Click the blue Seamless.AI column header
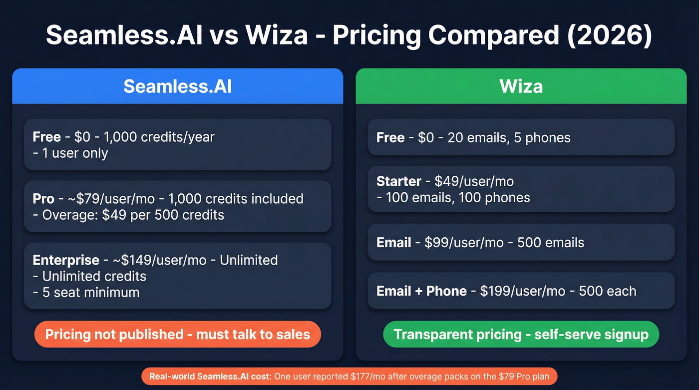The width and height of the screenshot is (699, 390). coord(177,86)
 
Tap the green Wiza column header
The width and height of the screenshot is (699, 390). coord(521,86)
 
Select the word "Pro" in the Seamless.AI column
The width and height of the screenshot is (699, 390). coord(43,199)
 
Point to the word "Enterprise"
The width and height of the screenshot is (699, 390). coord(66,260)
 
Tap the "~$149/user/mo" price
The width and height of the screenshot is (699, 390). coord(159,260)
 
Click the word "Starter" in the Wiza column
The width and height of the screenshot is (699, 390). coord(398,181)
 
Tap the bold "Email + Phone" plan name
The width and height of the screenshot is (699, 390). coord(421,291)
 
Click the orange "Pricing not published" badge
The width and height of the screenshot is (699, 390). coord(177,334)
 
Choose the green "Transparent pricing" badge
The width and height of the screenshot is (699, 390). coord(521,334)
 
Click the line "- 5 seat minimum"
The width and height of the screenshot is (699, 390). coord(86,293)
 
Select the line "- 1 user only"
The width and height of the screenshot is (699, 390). coord(70,153)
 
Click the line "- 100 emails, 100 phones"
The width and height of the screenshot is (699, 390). coord(453,198)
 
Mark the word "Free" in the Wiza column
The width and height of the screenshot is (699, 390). coord(390,138)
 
